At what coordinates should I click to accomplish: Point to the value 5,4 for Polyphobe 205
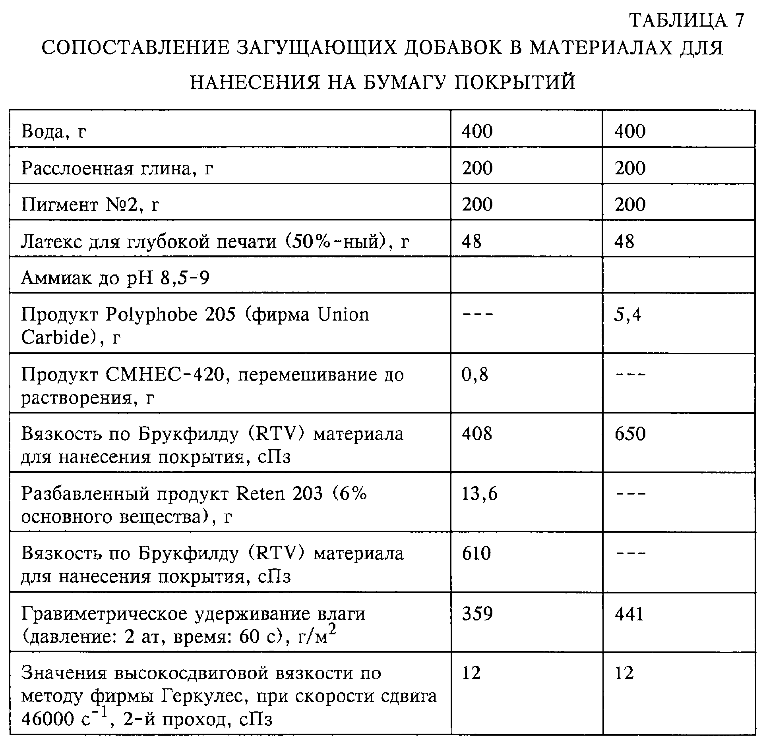(627, 315)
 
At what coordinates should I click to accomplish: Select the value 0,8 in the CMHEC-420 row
(474, 375)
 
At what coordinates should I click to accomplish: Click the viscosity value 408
(477, 434)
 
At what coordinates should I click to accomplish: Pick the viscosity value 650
(630, 434)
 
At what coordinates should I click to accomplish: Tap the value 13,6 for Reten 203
(479, 494)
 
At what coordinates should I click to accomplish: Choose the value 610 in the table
(476, 553)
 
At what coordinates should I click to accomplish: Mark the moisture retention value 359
(477, 614)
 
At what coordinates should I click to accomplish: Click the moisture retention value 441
(629, 614)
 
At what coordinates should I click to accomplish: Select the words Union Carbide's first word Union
(343, 315)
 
